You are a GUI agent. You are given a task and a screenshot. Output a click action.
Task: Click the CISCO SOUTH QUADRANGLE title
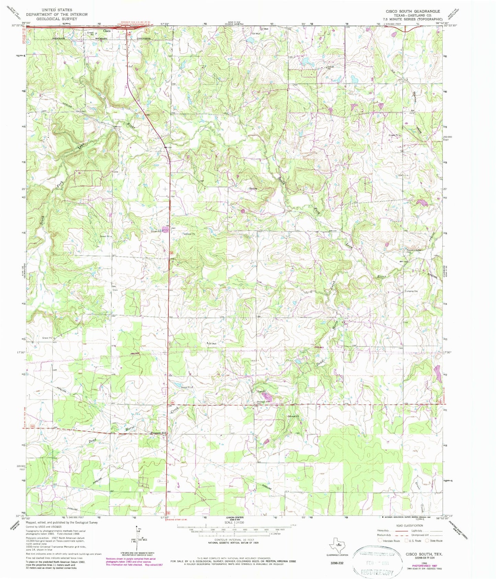pos(413,11)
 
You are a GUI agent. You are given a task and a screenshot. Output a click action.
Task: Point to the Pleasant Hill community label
pos(159,433)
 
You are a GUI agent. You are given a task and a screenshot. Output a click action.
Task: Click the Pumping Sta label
pos(411,291)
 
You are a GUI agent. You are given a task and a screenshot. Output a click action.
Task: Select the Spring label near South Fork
pos(253,189)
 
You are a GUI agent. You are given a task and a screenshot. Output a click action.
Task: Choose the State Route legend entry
pos(434,541)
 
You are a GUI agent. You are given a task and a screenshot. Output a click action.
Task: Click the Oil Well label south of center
pos(212,343)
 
